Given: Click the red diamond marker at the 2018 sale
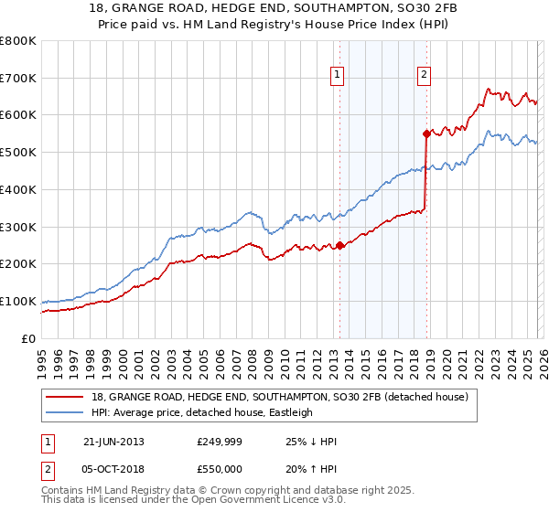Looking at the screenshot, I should point(425,133).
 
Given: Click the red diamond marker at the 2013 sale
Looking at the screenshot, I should point(339,245).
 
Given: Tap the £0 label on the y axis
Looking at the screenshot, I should point(29,338).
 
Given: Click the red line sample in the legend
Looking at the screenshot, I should point(65,397).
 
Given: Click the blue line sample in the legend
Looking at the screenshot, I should point(65,412).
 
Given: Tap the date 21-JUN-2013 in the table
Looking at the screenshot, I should point(113,442).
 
